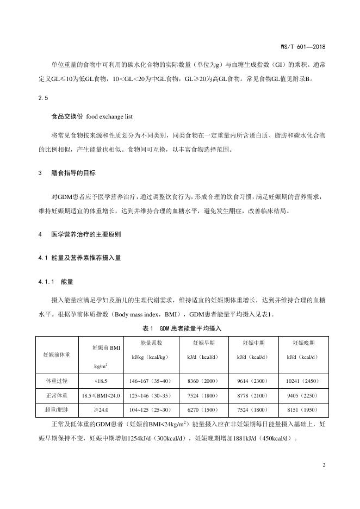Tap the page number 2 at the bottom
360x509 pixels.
pos(323,465)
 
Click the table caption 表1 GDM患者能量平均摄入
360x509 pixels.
pos(182,328)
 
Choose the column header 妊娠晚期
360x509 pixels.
pos(303,343)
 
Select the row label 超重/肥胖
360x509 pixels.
pos(55,409)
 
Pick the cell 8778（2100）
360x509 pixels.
pos(253,395)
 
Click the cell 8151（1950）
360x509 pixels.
pos(303,409)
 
